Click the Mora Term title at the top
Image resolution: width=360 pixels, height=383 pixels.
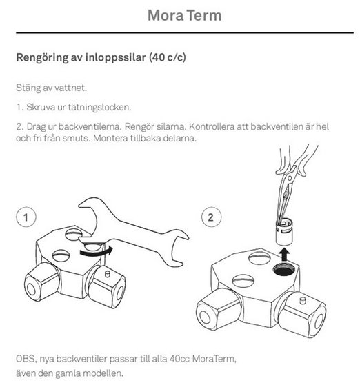click(180, 15)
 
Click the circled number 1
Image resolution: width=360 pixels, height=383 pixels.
click(25, 217)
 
